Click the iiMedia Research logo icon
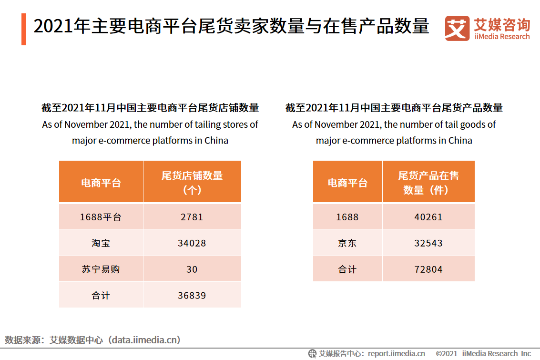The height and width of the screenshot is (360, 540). coord(457,29)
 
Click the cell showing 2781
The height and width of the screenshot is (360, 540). coord(192,217)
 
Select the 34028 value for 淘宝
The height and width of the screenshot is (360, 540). coord(192,243)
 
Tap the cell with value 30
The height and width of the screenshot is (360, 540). coord(192,269)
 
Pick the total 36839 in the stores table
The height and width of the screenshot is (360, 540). coord(192,296)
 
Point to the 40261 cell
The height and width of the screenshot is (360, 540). coord(428,217)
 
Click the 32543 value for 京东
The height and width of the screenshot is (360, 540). coord(428,243)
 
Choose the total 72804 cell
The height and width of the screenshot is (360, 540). coord(428,269)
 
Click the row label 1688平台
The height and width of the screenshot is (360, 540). coord(101,217)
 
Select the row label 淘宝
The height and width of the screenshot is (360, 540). coord(101,243)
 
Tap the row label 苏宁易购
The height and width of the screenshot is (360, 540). coord(101,269)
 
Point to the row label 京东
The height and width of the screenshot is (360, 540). coord(347,243)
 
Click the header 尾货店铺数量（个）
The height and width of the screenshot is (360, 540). coord(192,182)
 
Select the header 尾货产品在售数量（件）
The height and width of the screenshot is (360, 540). coord(428,182)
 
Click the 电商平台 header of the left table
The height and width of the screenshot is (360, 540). coord(101,183)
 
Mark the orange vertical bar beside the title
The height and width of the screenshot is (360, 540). coord(24,29)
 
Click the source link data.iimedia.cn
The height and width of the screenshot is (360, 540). coord(144,340)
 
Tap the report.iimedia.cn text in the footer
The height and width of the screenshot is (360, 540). coord(396,353)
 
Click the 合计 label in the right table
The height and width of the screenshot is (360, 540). coord(347,269)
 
